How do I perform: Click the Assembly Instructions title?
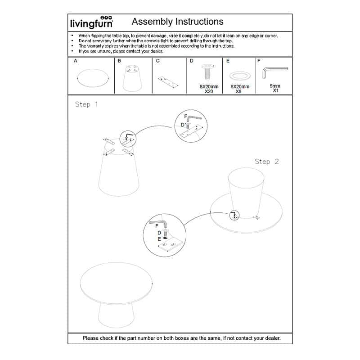177,22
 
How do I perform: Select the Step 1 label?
86,104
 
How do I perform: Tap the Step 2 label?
267,162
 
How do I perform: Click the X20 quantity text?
208,91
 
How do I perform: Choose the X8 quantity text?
238,91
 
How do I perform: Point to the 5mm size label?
274,85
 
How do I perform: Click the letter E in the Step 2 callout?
159,239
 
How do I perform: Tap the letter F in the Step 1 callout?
185,117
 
